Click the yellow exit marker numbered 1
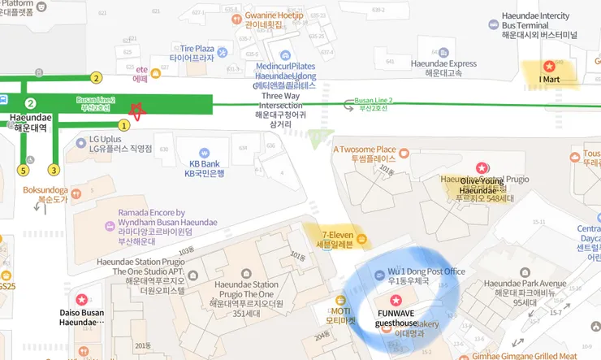point(124,125)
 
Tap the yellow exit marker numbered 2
point(97,78)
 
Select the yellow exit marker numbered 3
point(54,170)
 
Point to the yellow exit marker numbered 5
point(24,170)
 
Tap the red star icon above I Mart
point(549,65)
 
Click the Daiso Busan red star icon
point(81,299)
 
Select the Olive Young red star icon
point(481,167)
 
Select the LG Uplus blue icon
point(81,143)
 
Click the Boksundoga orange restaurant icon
point(75,193)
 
